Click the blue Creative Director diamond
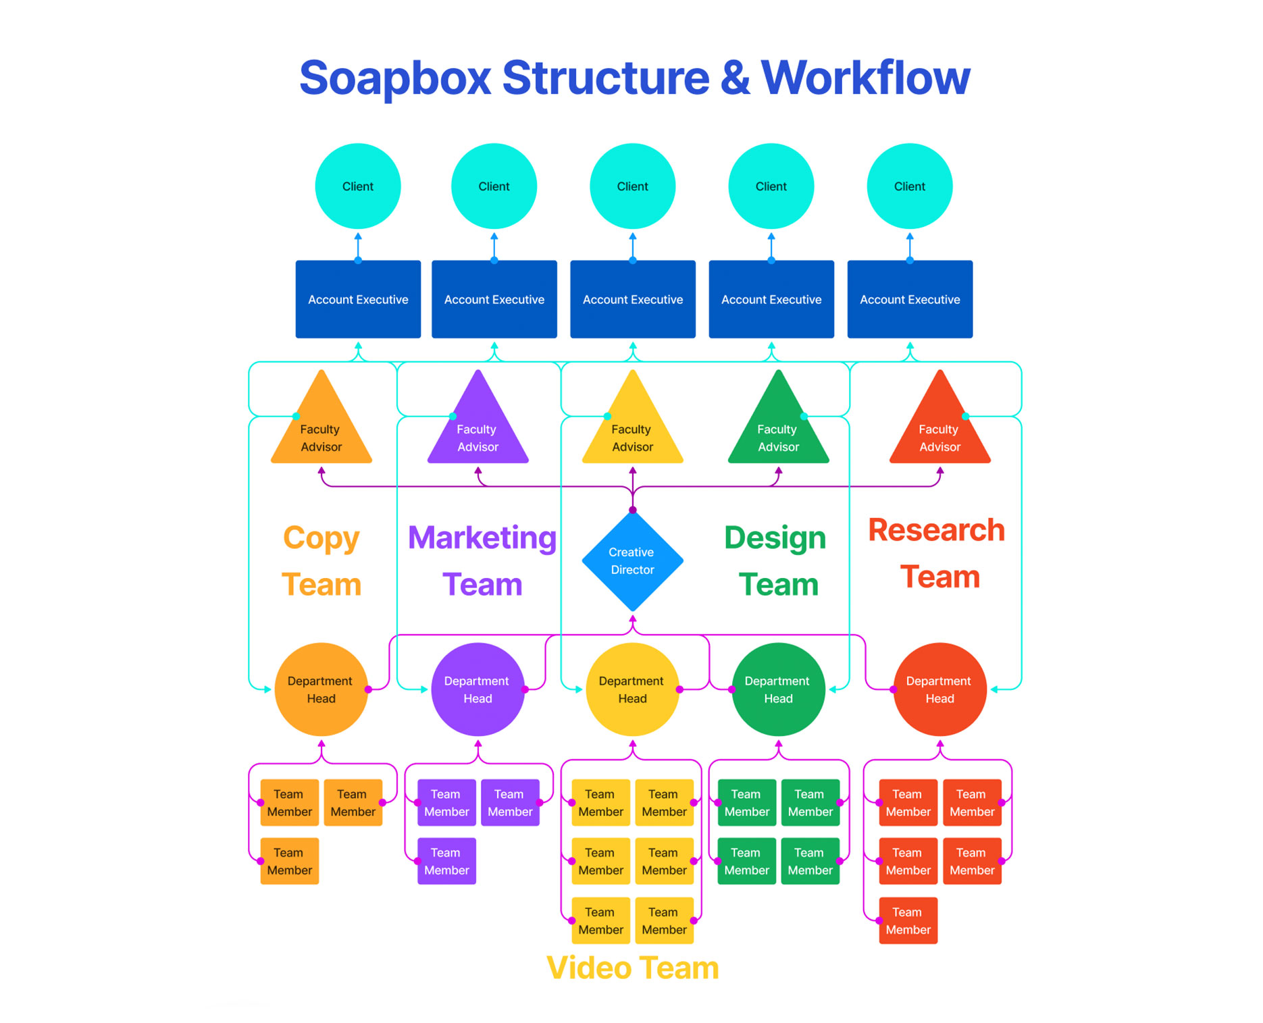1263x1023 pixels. [632, 560]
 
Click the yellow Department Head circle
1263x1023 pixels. [632, 689]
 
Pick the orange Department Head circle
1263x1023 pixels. [321, 689]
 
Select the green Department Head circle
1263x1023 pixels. [778, 689]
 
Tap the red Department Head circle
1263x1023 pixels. [939, 689]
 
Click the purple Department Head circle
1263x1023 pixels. [478, 689]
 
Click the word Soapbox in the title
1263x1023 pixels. [395, 78]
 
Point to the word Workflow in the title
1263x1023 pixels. [865, 78]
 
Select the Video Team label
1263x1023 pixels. [632, 968]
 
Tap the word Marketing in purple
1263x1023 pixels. [482, 538]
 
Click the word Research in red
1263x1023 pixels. [936, 530]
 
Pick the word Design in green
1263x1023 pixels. [775, 538]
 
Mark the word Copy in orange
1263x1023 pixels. [321, 539]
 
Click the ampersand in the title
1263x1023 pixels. [735, 78]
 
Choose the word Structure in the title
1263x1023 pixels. [606, 78]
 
